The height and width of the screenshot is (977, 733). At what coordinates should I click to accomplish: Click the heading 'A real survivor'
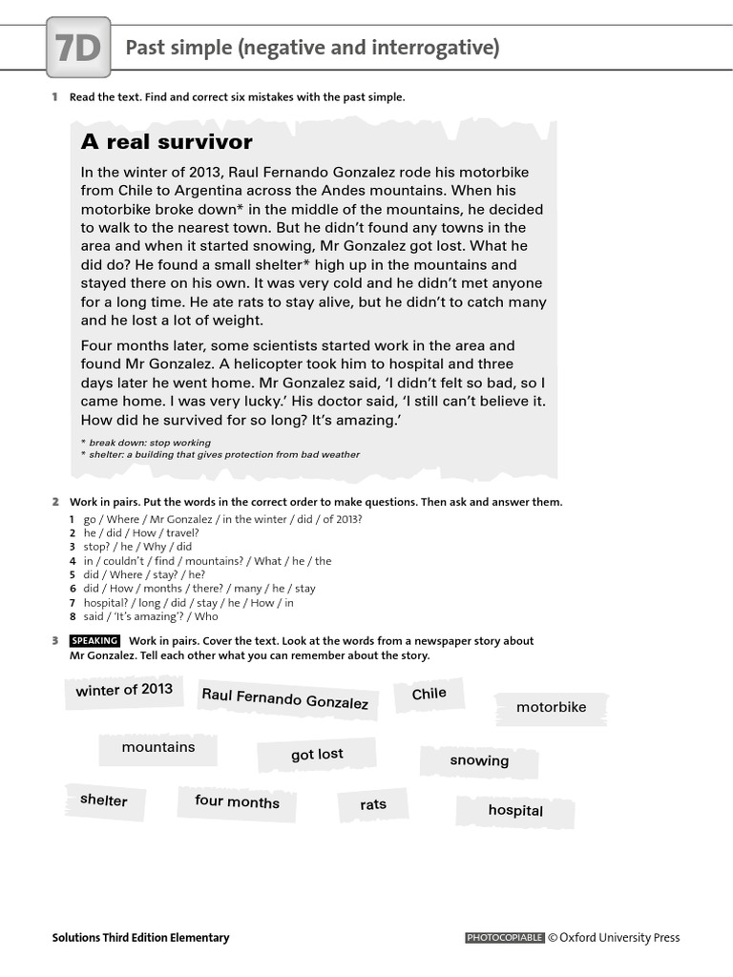[167, 142]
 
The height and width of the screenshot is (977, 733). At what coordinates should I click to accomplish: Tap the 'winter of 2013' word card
[124, 690]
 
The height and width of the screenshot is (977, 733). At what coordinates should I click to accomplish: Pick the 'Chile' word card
[429, 694]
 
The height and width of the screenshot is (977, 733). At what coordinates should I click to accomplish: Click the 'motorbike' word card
[551, 707]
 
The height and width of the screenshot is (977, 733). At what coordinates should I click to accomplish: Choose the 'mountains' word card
[158, 747]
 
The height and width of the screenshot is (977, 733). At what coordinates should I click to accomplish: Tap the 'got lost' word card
[317, 755]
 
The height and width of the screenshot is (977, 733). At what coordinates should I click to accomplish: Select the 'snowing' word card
[479, 760]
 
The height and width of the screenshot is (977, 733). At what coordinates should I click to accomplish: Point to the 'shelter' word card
[104, 800]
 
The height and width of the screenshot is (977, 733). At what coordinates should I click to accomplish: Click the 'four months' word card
[238, 801]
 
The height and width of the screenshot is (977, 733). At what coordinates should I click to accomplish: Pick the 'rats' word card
[373, 804]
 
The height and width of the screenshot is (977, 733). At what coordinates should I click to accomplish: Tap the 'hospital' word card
[515, 810]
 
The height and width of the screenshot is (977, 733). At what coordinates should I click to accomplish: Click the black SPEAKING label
[94, 641]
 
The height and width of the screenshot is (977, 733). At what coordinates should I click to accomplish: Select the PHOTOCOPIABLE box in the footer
[505, 938]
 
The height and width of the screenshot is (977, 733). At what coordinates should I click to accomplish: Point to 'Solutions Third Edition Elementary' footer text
[140, 938]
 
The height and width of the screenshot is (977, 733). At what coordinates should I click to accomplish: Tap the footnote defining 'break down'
[148, 443]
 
